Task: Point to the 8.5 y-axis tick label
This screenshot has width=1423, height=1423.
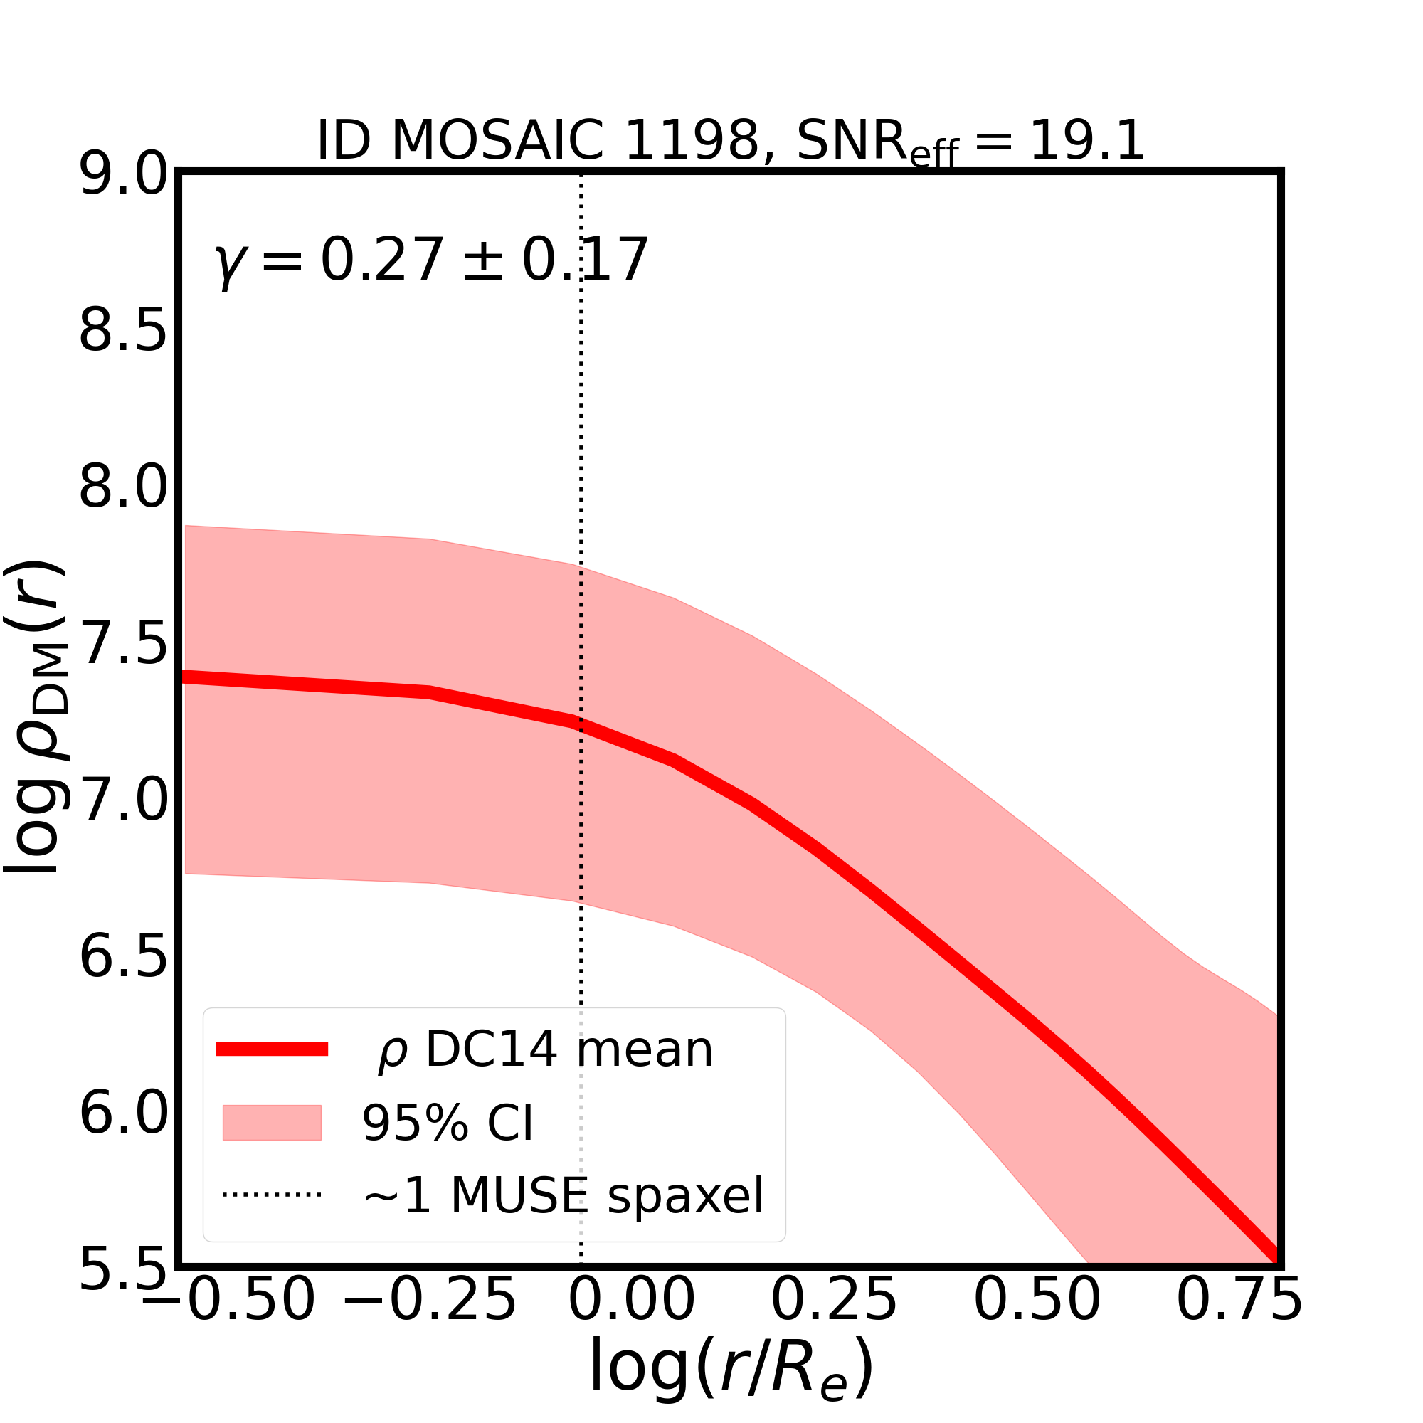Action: click(124, 332)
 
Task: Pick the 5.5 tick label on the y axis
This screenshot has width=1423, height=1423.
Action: click(124, 1271)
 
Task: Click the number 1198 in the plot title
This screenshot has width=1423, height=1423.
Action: click(691, 140)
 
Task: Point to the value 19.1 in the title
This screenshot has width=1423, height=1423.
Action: click(1087, 140)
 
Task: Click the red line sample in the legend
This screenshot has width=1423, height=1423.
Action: click(272, 1049)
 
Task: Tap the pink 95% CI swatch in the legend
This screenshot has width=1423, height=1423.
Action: click(272, 1123)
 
